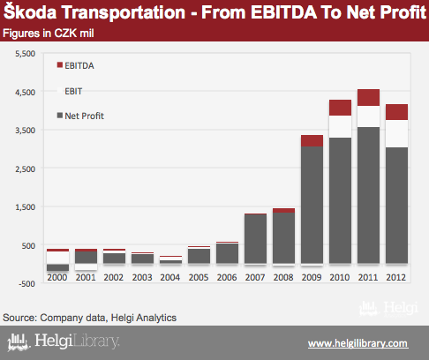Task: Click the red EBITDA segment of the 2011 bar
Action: tap(368, 97)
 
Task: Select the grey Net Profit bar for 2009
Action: tap(312, 205)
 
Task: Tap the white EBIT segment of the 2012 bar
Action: tap(396, 133)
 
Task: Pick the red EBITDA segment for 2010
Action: tap(340, 108)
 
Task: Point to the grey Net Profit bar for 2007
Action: tap(255, 239)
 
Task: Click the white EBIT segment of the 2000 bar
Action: tap(57, 258)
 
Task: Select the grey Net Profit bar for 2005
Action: tap(199, 256)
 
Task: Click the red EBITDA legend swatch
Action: tap(60, 65)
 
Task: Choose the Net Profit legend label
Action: tap(84, 116)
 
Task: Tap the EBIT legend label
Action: tap(73, 91)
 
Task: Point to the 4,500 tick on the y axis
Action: tap(25, 93)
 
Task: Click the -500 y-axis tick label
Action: tap(26, 284)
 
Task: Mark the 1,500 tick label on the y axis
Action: tap(25, 207)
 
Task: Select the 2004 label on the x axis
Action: tap(170, 277)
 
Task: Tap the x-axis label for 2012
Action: tap(396, 277)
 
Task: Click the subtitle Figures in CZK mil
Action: tap(49, 34)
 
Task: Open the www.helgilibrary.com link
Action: tap(358, 343)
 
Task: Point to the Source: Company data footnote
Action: tap(89, 318)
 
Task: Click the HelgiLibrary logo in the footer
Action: tap(64, 341)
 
